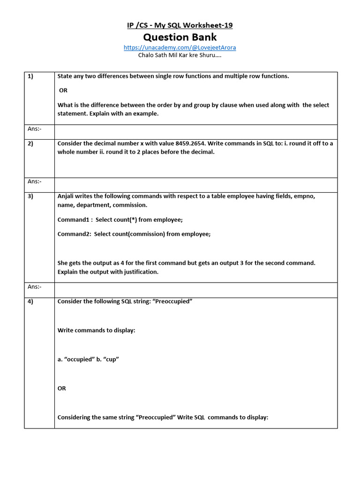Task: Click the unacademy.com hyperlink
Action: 180,47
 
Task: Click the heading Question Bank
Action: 180,37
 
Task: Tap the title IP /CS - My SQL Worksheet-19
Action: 180,25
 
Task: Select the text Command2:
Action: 74,234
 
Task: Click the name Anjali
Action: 67,196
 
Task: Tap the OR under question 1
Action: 63,90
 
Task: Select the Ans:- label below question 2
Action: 35,181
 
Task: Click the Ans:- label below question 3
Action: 35,286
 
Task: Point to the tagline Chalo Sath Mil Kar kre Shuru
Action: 180,55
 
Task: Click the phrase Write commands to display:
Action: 96,330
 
